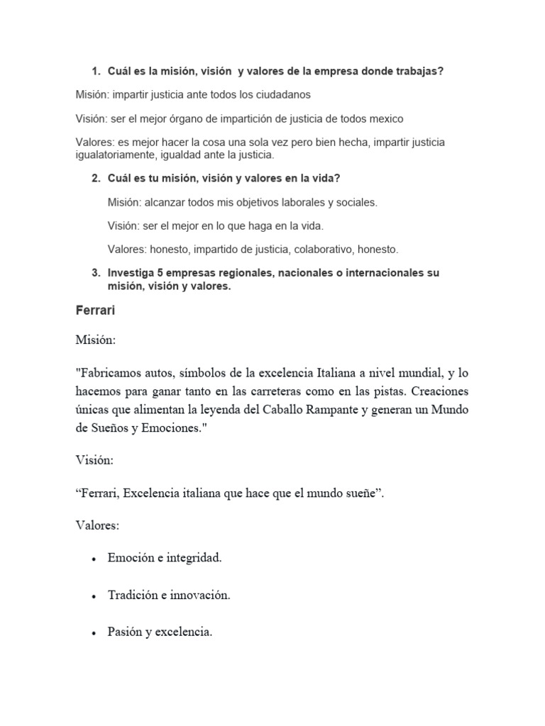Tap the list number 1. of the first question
tap(96, 72)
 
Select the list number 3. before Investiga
tap(96, 273)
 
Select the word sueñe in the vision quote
tap(361, 494)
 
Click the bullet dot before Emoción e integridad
tap(94, 559)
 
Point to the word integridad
tap(194, 559)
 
